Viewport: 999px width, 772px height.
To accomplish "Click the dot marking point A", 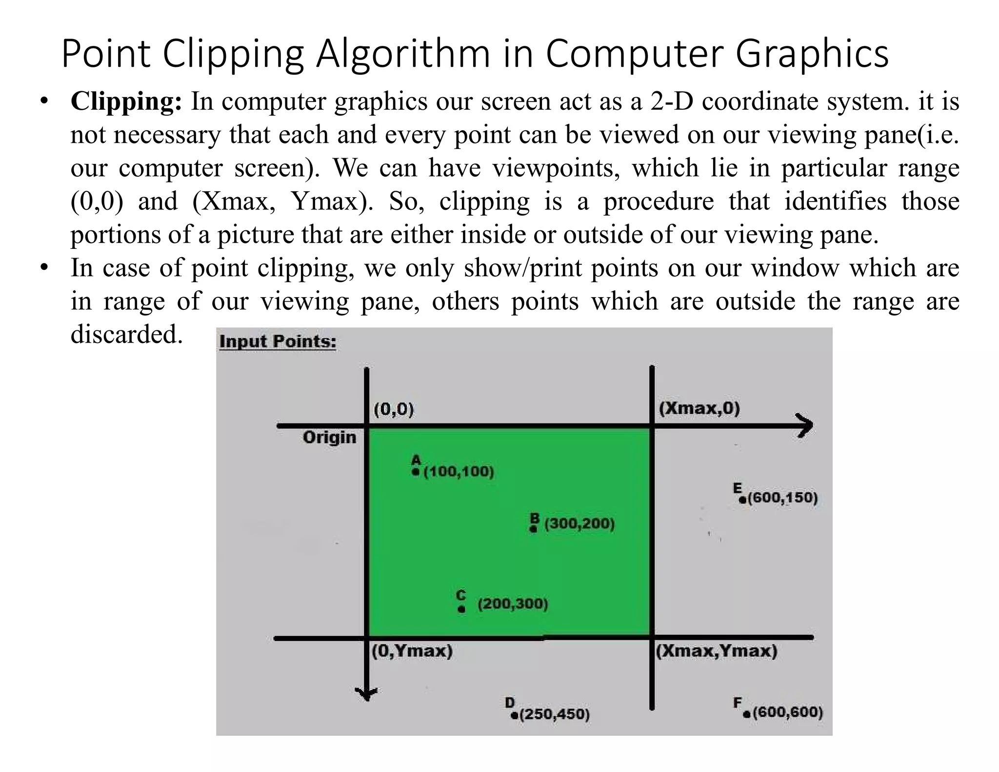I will click(x=416, y=472).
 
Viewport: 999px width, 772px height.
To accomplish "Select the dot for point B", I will click(x=534, y=529).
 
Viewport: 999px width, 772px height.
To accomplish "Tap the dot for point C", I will click(x=461, y=609).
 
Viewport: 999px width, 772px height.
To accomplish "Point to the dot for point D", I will click(x=514, y=715).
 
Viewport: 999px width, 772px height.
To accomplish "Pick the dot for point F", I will click(x=747, y=714).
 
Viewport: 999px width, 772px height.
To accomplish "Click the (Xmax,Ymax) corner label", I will click(x=716, y=651).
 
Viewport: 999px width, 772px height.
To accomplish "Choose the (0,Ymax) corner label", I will click(x=412, y=651).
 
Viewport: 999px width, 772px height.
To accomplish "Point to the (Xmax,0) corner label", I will click(x=699, y=408).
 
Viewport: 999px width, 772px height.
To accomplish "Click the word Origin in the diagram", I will click(x=329, y=437).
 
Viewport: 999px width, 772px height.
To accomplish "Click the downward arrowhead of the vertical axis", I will click(x=367, y=694).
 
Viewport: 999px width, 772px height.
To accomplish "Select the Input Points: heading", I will click(x=278, y=341).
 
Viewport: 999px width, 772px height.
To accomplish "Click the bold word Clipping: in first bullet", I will click(x=126, y=102).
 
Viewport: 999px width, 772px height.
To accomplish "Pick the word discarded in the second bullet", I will click(x=126, y=335).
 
